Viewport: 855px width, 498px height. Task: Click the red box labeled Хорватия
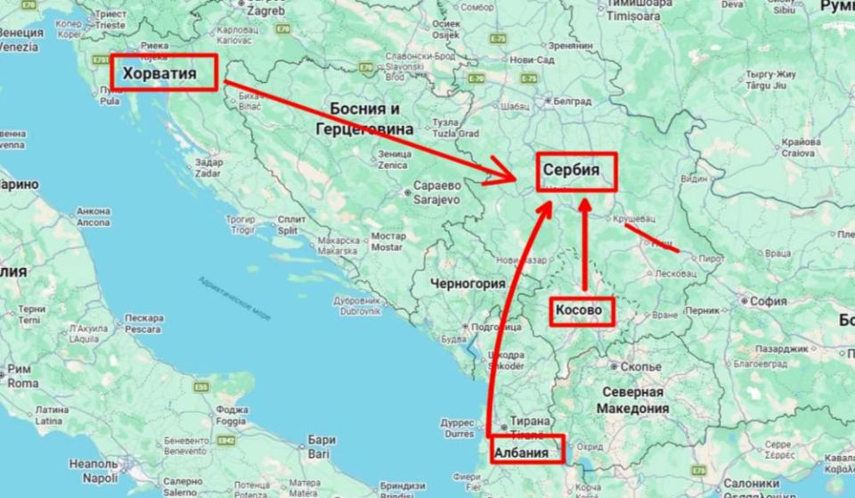(x=165, y=72)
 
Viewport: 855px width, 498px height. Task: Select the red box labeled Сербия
(x=576, y=172)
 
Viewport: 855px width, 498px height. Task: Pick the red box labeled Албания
(x=527, y=450)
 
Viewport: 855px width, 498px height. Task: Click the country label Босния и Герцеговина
(x=364, y=118)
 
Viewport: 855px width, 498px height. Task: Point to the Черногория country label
(x=468, y=283)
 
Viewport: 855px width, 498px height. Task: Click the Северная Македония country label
(x=634, y=399)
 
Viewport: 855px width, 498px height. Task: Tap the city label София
(x=768, y=301)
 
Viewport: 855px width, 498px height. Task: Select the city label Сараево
(x=434, y=188)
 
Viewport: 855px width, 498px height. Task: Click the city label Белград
(x=572, y=102)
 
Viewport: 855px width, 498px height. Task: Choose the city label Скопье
(x=639, y=366)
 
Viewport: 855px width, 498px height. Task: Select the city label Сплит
(x=291, y=219)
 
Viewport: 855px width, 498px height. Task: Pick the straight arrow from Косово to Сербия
(x=584, y=245)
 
